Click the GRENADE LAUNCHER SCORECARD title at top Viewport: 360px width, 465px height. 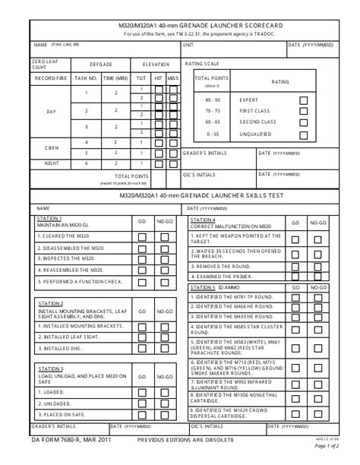[x=180, y=25]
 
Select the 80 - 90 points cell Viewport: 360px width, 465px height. [x=213, y=100]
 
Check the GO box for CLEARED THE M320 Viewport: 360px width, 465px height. [x=142, y=236]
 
